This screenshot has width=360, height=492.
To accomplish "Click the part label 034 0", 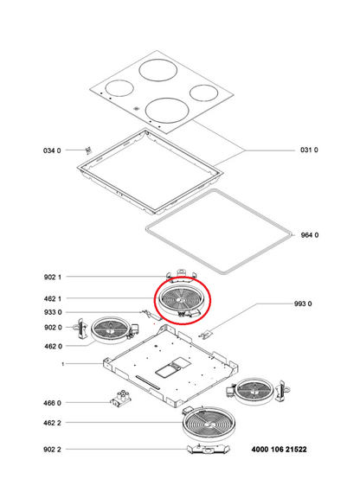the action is click(52, 150).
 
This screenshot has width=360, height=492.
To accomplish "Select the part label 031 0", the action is click(309, 150).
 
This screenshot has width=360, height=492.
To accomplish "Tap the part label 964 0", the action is click(310, 235).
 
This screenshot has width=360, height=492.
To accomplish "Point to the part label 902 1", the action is click(53, 277).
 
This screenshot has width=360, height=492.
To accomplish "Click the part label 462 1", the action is click(53, 298).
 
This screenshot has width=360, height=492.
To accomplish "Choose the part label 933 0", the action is click(53, 312).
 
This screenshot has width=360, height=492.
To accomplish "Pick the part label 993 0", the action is click(303, 304).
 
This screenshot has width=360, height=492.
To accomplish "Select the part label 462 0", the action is click(53, 347).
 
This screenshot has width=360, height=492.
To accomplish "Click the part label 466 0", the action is click(52, 403).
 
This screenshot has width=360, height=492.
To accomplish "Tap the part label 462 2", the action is click(52, 423).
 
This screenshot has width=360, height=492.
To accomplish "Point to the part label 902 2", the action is click(52, 450).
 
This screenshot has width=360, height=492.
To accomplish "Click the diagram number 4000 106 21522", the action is click(279, 450).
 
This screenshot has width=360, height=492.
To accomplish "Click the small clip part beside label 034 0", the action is click(88, 150).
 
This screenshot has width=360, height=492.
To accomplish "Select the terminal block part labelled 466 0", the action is click(120, 399).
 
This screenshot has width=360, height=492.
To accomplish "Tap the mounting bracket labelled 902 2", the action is click(208, 450).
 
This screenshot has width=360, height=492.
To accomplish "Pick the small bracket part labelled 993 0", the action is click(205, 334).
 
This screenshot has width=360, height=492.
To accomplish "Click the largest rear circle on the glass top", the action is click(158, 70).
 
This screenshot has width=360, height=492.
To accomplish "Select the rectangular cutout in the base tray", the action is click(173, 367).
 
